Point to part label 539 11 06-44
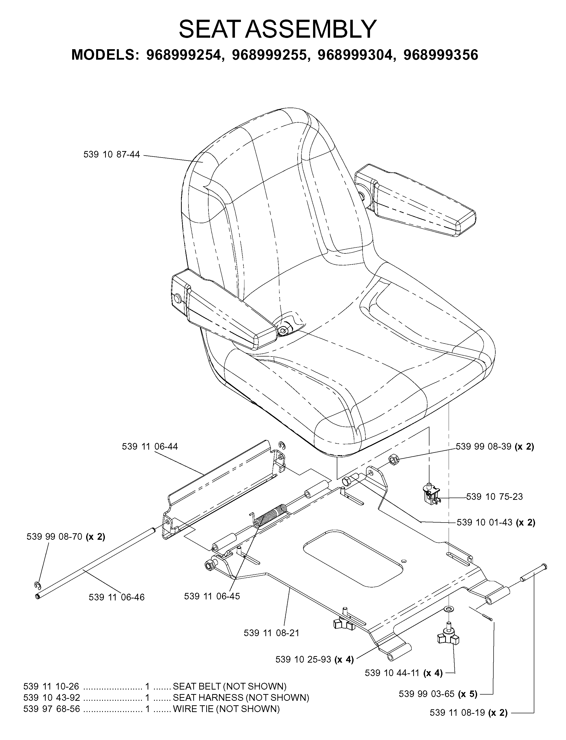coord(150,447)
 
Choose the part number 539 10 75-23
coord(495,497)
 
